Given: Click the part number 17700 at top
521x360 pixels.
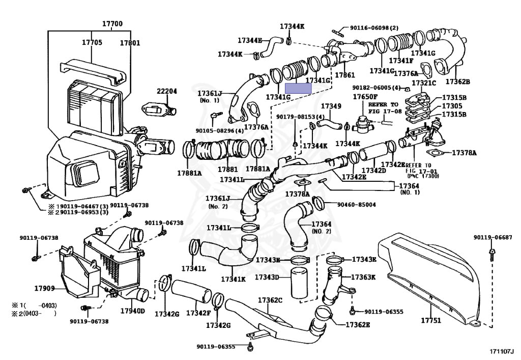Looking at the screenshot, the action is [x=112, y=23].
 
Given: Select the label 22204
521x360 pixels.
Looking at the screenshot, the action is [x=167, y=91].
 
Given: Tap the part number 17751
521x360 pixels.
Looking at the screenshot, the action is [x=431, y=320].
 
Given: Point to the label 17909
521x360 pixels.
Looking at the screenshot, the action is [x=45, y=288].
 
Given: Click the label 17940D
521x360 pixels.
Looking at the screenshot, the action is [x=133, y=311].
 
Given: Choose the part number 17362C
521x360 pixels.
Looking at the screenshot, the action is [x=270, y=300].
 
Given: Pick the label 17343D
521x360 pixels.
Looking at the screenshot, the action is [x=267, y=276].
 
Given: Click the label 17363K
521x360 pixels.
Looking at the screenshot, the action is [x=363, y=277].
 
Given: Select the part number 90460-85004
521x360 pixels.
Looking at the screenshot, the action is [x=357, y=204].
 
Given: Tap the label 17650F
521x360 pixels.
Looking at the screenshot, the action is [x=365, y=97].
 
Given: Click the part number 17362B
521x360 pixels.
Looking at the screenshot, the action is [x=457, y=81].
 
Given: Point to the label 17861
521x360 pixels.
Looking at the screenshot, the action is [x=345, y=75].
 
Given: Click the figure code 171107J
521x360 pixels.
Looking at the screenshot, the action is [x=501, y=351].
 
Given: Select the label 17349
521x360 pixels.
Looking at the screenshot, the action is [x=331, y=106].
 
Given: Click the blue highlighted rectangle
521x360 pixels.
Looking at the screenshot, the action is [x=298, y=88].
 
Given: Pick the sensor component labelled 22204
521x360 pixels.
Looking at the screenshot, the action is [x=160, y=109].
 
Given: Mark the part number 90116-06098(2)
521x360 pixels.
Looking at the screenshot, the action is [x=374, y=28].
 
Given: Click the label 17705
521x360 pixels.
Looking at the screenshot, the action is [x=92, y=42].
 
